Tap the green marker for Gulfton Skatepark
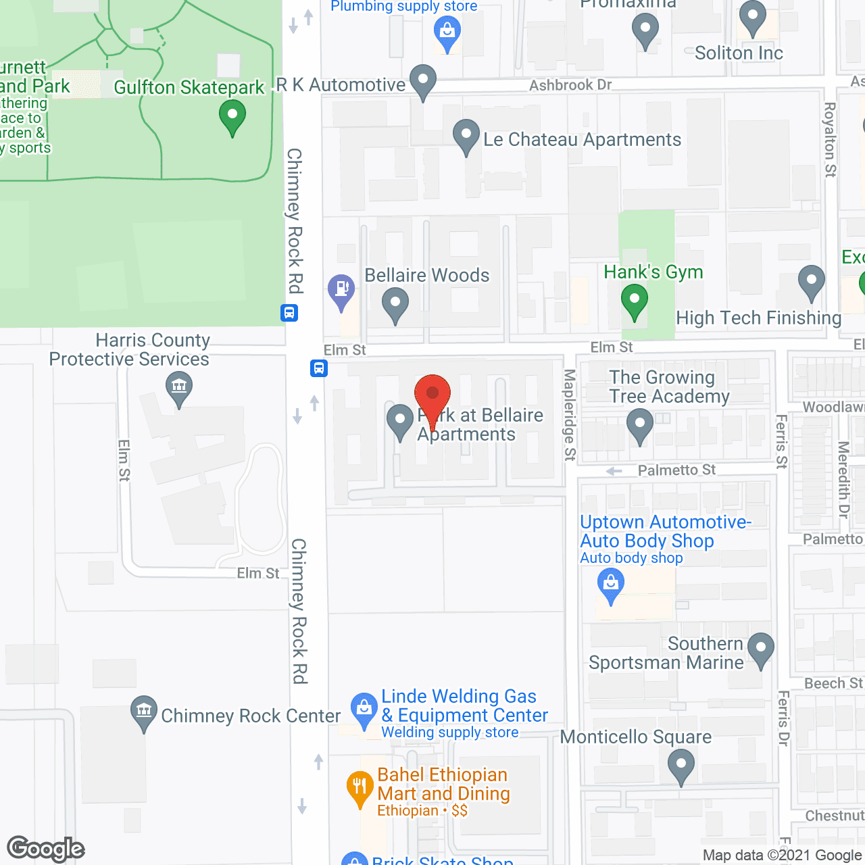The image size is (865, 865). coord(232,116)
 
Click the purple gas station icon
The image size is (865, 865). coord(341,291)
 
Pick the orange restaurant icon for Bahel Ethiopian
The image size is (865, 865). coord(360,788)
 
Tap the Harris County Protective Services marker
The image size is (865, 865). coord(179,389)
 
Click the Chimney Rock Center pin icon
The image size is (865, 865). coord(143,712)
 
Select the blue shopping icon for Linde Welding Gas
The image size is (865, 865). coord(364,710)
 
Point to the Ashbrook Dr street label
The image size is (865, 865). coord(570,85)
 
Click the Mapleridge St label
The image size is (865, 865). coord(570,415)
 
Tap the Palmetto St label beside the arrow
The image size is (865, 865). coord(676,470)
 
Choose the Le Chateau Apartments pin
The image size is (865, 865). coord(466,136)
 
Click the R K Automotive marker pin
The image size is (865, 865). coord(423,80)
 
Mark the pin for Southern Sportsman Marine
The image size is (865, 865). coord(760,649)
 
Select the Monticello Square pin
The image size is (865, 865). coord(681,767)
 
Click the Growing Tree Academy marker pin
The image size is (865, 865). coord(639,426)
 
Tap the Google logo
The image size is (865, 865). coord(46,849)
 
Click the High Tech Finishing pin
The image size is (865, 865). coord(811,282)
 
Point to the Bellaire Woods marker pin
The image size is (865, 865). coord(395,304)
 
